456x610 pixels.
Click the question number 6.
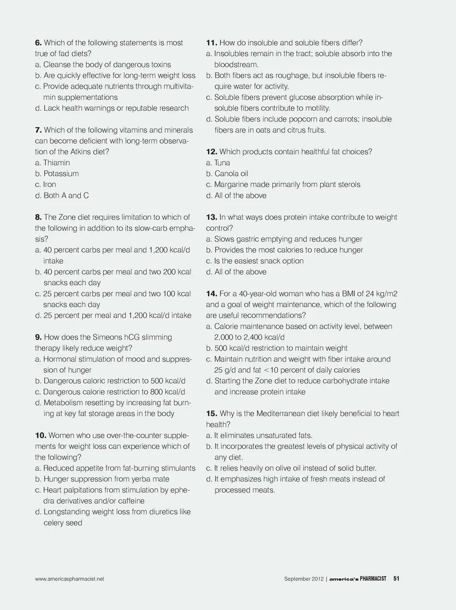[38, 43]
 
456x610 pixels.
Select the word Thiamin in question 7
[57, 162]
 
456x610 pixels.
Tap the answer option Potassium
[61, 173]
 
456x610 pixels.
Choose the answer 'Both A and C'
[66, 195]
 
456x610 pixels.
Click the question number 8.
[38, 217]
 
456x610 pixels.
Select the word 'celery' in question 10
[54, 523]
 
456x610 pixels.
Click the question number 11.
[211, 43]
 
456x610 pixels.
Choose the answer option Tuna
[222, 162]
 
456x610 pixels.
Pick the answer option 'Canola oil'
[231, 173]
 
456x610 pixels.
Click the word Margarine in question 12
[231, 184]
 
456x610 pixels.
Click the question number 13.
[211, 217]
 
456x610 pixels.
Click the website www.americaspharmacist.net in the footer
[69, 579]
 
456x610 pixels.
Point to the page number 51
[396, 579]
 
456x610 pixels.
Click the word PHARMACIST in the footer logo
[373, 579]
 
